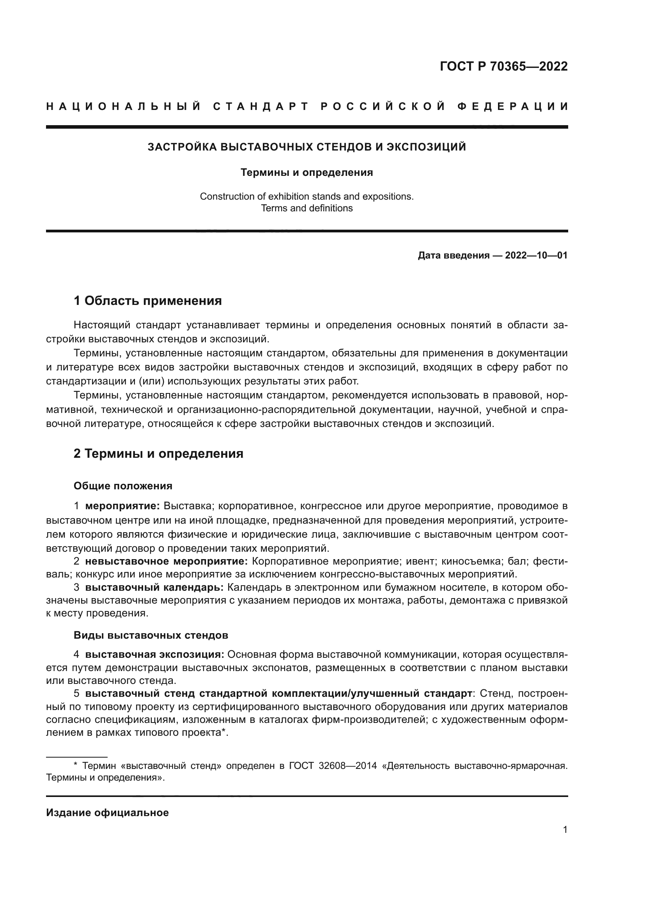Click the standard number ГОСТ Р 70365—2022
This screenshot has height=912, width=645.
click(x=503, y=66)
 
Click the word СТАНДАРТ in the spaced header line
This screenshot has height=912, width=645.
click(x=261, y=106)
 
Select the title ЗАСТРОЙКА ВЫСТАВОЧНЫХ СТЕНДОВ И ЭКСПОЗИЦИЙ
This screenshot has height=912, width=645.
click(x=307, y=147)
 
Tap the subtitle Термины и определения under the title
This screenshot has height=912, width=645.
click(x=307, y=172)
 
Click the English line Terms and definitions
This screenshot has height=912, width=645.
click(x=307, y=208)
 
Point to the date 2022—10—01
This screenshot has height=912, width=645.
click(x=536, y=255)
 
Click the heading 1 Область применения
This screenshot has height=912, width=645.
click(x=147, y=301)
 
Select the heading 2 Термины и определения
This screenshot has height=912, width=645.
click(x=158, y=453)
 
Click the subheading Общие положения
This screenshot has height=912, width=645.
click(x=123, y=486)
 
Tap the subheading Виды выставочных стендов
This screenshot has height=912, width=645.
click(x=151, y=635)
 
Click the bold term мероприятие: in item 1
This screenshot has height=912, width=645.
click(x=122, y=506)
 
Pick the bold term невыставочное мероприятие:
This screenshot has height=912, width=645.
click(x=167, y=561)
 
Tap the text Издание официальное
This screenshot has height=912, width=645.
click(x=107, y=813)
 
